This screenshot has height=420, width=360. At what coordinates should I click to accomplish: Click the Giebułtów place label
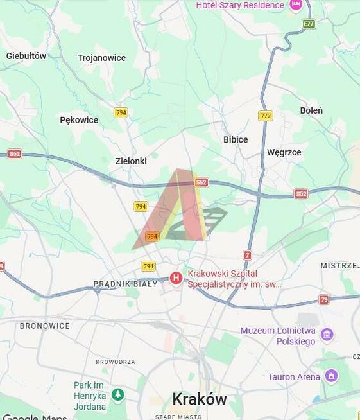[26, 56]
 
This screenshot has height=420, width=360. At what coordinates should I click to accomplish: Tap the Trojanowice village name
[101, 58]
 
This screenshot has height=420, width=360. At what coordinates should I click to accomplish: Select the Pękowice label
[79, 120]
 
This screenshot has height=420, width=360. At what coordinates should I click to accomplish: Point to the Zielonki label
[131, 161]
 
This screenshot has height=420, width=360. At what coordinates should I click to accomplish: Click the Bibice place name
[236, 139]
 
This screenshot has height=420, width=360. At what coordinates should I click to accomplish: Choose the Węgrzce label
[284, 152]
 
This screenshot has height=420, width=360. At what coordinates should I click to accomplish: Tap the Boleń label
[311, 110]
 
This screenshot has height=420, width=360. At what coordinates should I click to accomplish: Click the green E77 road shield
[309, 24]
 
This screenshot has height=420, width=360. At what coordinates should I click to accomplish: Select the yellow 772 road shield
[266, 116]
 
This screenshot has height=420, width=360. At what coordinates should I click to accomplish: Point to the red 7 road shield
[248, 255]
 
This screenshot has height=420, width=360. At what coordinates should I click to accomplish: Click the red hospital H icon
[176, 278]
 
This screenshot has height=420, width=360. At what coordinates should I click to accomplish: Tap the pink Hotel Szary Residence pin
[296, 5]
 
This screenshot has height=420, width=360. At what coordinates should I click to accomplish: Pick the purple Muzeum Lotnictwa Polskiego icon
[327, 334]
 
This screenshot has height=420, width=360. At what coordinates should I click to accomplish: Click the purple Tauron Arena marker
[331, 376]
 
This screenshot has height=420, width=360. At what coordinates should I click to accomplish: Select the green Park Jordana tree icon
[117, 394]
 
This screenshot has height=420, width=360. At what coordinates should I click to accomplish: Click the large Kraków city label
[199, 399]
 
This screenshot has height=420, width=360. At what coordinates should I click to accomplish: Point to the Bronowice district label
[44, 326]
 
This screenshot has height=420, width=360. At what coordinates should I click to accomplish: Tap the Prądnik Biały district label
[125, 284]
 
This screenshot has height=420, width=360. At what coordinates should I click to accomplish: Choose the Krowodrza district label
[116, 362]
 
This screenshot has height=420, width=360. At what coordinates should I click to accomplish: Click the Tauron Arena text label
[293, 377]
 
